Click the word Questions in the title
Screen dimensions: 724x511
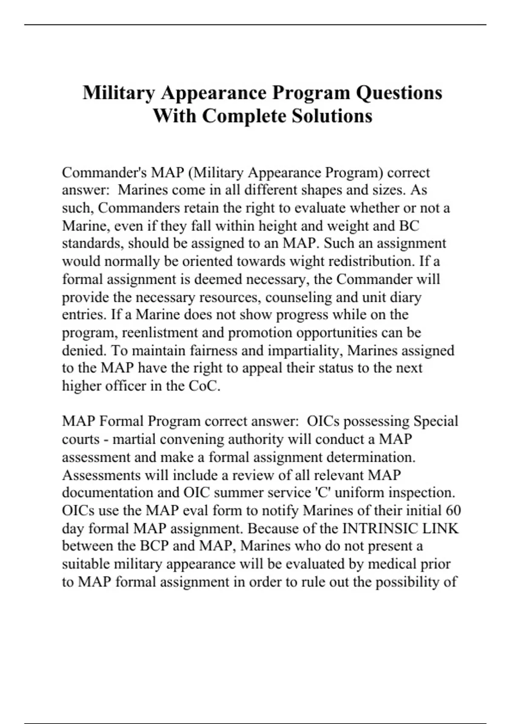click(x=399, y=93)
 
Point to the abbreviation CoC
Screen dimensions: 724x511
click(x=204, y=386)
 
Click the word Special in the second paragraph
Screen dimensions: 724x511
click(x=436, y=421)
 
